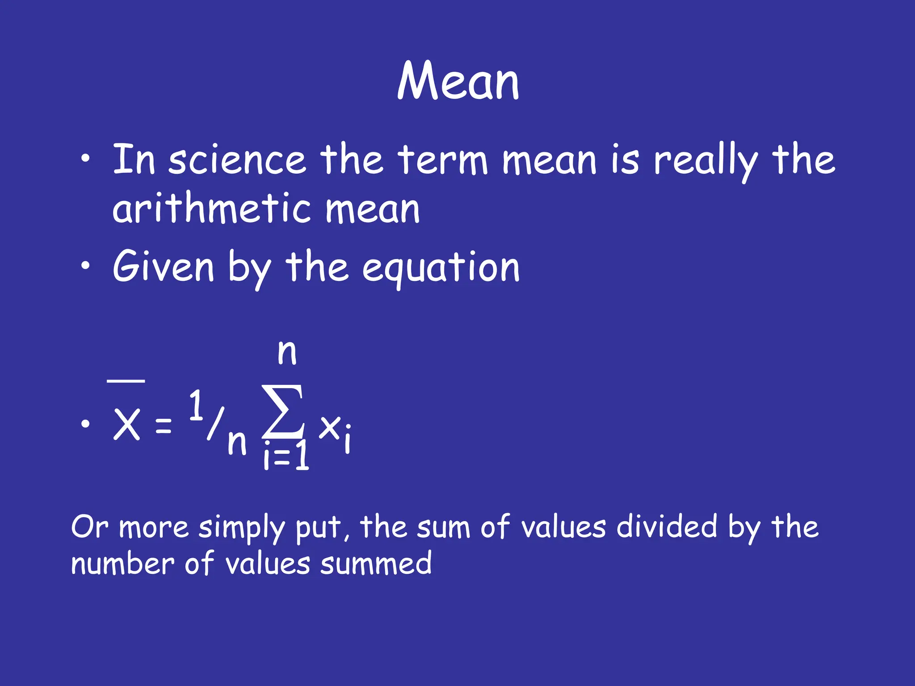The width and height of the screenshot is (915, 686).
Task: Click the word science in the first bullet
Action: point(237,160)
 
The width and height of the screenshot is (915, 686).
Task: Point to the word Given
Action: point(164,267)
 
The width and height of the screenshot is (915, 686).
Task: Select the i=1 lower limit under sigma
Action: point(286,456)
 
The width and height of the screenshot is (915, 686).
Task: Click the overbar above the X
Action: point(126,381)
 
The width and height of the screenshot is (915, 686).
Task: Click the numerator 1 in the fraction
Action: point(195,405)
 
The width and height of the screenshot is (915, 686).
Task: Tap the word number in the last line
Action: point(122,564)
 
